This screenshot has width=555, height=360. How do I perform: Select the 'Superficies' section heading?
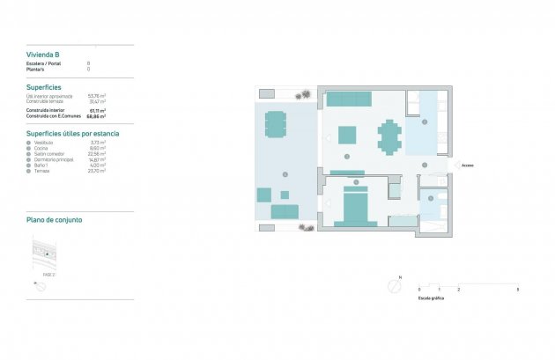(x=45, y=88)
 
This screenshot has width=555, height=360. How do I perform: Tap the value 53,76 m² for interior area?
(x=97, y=96)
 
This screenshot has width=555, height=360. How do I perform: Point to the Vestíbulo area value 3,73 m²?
(x=97, y=142)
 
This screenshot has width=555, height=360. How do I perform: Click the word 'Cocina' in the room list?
(x=41, y=148)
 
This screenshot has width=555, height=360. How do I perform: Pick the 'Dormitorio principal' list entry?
(x=52, y=159)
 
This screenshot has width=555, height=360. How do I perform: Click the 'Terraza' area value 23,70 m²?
(x=97, y=171)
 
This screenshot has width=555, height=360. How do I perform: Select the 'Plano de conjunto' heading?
(x=55, y=219)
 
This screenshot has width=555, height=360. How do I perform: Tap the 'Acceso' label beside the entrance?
(x=468, y=165)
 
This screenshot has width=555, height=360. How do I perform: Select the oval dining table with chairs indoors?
(x=388, y=136)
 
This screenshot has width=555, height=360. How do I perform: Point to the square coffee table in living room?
(x=347, y=135)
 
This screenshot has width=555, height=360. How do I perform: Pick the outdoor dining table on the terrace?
(x=276, y=124)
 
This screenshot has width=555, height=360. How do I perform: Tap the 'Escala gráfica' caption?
(x=431, y=298)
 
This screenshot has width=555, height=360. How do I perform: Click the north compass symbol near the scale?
(x=393, y=286)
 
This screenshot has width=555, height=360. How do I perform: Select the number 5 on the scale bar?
(x=517, y=290)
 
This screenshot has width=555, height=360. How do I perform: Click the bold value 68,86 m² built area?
(x=97, y=116)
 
